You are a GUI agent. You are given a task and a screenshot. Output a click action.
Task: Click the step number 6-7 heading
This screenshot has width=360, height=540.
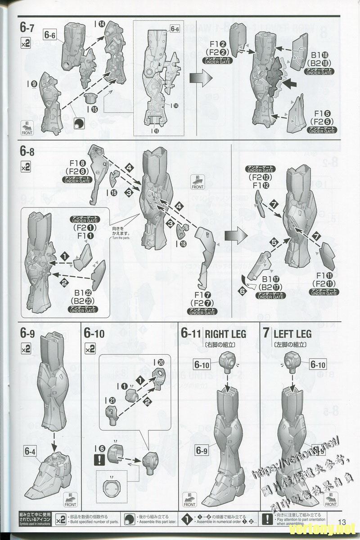27,27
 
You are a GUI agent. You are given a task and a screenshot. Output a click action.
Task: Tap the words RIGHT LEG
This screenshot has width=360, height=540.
225,334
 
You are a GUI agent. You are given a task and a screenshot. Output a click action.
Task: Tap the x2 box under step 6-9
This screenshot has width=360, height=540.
26,348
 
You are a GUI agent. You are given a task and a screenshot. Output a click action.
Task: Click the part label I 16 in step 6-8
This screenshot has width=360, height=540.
111,192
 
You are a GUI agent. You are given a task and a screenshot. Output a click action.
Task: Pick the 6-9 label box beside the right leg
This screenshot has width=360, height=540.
203,450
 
